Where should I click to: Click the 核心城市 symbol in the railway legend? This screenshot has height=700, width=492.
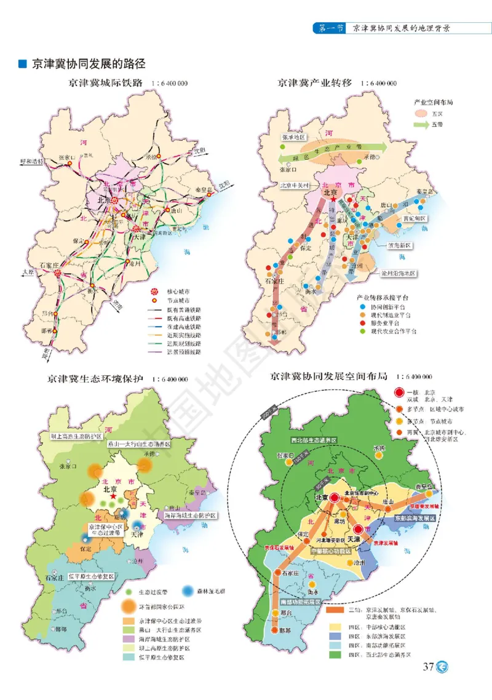click(x=154, y=290)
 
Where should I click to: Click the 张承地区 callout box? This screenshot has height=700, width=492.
click(x=293, y=137)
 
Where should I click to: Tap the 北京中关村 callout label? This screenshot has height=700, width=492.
click(x=295, y=184)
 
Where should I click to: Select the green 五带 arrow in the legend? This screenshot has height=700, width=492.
click(x=421, y=124)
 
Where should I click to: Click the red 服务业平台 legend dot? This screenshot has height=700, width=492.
click(x=363, y=322)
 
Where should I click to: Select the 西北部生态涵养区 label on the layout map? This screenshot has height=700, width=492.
click(x=313, y=440)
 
